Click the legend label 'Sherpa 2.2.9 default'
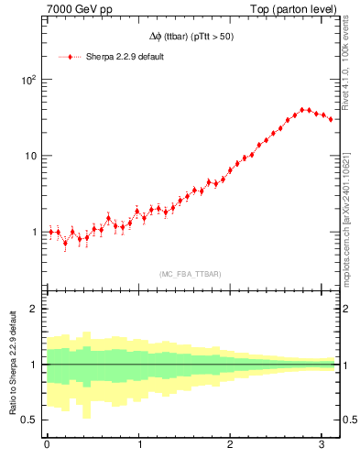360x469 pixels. [x=125, y=57]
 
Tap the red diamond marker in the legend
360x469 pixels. [x=71, y=57]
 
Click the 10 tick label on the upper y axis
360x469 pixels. [x=32, y=156]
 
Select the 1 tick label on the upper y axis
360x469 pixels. [x=36, y=232]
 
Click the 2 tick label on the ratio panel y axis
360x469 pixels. [x=36, y=309]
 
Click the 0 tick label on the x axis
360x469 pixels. [x=47, y=446]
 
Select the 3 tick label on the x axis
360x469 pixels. [x=322, y=446]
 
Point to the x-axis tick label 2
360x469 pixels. [x=231, y=446]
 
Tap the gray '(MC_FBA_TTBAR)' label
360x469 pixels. [x=191, y=275]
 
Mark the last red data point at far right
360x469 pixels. [x=331, y=119]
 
